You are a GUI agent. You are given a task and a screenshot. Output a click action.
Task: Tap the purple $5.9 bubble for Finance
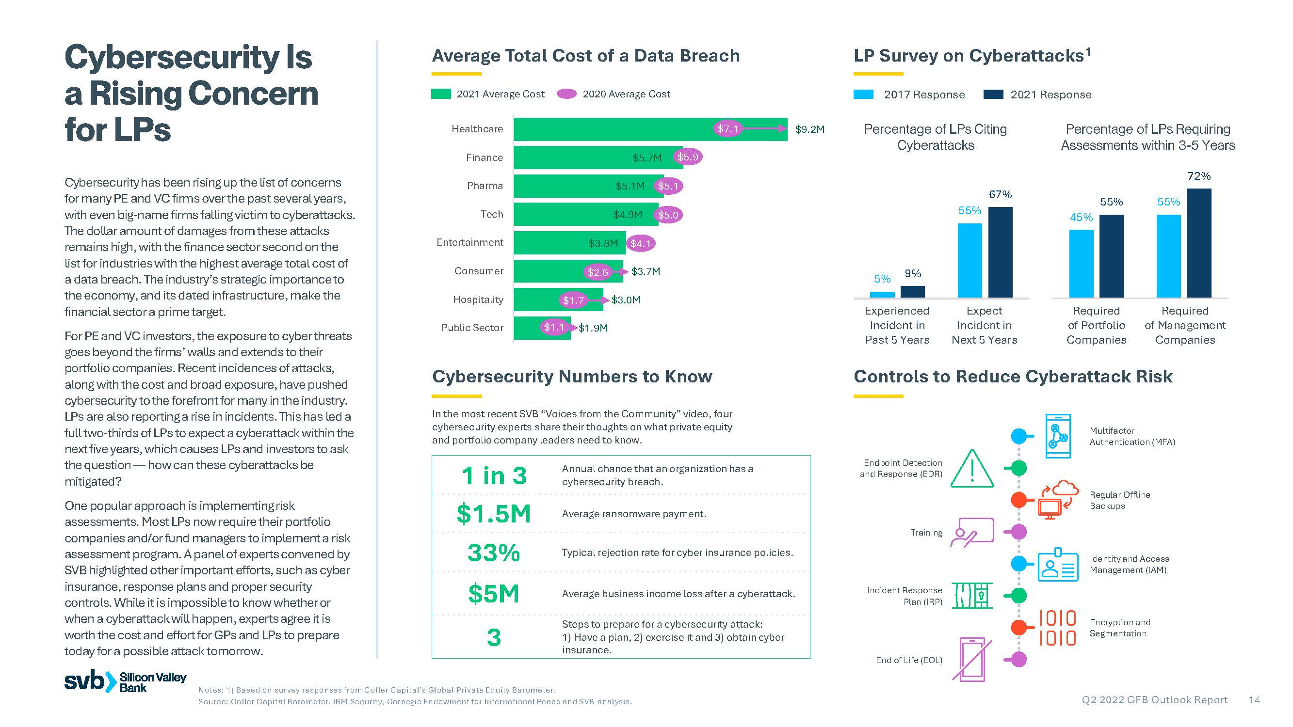click(687, 157)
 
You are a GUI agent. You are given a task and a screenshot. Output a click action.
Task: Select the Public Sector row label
click(472, 328)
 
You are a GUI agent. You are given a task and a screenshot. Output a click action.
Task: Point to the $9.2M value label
click(809, 129)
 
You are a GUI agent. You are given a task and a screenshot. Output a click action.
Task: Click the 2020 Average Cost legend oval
click(566, 94)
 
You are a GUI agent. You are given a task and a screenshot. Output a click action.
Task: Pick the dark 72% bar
click(1198, 243)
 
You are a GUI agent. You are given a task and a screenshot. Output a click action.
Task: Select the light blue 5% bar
click(882, 295)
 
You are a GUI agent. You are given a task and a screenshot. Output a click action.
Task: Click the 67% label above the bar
click(1000, 195)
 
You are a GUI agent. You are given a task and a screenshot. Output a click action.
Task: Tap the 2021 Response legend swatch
click(993, 95)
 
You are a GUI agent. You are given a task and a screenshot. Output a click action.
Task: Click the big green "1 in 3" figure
click(494, 475)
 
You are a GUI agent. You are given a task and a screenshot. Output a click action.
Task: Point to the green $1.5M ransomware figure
click(493, 514)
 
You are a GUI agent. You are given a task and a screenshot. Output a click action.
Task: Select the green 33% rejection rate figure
click(493, 553)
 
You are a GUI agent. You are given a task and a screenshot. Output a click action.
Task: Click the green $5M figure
click(493, 594)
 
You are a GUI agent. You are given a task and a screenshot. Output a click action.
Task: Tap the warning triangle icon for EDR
click(972, 470)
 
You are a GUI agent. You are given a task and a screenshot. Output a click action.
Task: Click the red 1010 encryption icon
click(1057, 628)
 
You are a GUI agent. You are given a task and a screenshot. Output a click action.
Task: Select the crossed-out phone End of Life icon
click(972, 659)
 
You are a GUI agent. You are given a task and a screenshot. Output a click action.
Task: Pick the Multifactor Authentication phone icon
click(1058, 436)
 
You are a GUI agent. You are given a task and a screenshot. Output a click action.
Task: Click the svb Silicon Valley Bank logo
click(125, 682)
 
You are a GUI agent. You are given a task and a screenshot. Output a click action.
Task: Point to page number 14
click(1254, 700)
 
